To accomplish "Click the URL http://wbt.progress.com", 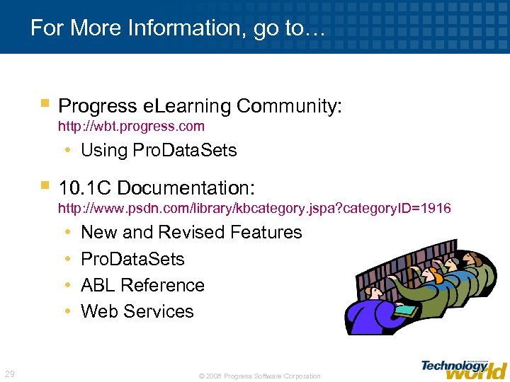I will tap(131, 127).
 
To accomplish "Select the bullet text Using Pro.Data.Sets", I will tap(159, 150).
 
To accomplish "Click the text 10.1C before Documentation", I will tap(86, 188).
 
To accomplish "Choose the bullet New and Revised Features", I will tap(191, 232).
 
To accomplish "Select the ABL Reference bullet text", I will tap(142, 285).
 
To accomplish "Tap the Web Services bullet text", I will tap(137, 311).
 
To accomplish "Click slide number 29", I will tap(10, 374).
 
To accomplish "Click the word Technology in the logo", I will tap(453, 365).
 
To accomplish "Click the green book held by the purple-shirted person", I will tap(407, 310).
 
